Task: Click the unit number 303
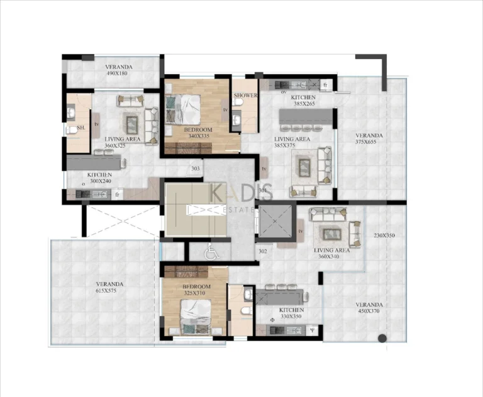[196, 168]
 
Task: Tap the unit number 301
[262, 190]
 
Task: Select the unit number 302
[262, 251]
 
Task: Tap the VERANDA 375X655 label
[369, 139]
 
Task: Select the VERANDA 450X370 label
[370, 308]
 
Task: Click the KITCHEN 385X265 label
[303, 101]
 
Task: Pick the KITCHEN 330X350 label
[291, 313]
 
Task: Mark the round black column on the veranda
[382, 339]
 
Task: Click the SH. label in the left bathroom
[80, 128]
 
